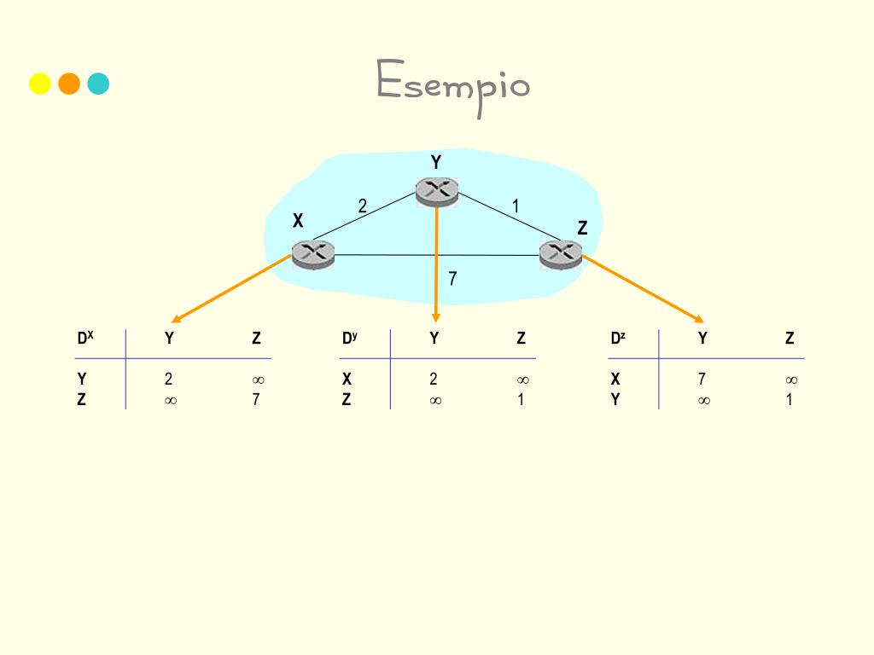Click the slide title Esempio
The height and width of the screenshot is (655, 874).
point(453,85)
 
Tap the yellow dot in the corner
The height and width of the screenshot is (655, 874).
point(40,84)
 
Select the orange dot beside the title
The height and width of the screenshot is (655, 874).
point(69,84)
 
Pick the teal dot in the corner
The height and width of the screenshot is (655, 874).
point(98,84)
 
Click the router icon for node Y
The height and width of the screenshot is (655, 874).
point(437,191)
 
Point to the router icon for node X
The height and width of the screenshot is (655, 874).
point(312,253)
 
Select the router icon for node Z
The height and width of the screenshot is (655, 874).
point(561,253)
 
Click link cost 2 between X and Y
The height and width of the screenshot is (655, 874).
point(363,206)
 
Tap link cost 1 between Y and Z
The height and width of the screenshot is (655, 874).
point(516,206)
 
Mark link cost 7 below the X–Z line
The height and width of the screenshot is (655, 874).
point(452,278)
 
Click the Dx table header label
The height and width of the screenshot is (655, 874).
point(84,339)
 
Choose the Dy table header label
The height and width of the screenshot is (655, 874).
point(349,339)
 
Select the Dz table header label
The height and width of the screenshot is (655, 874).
point(618,339)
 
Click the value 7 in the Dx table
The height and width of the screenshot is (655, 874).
point(256,398)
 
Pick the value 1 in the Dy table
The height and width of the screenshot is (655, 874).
point(521,398)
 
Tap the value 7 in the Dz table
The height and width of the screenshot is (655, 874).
point(702,380)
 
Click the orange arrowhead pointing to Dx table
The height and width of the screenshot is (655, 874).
point(177,319)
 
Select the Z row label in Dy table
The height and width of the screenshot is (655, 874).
point(347,398)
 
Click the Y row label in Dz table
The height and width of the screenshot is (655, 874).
point(615,398)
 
